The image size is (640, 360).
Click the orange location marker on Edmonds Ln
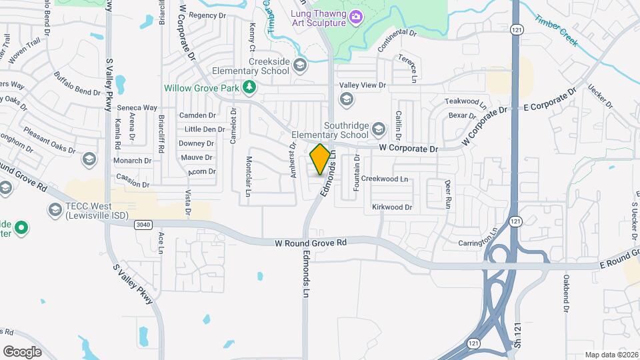pos(320,159)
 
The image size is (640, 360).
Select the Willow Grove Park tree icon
pos(249,87)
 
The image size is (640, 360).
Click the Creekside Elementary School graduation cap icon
pos(300,65)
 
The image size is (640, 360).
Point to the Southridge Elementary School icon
pos(378,129)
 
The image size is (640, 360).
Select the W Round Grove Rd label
pos(311,244)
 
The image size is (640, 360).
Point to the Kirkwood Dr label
pos(392,207)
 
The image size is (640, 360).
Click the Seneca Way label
pos(137,107)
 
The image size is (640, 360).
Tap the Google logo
pos(22,351)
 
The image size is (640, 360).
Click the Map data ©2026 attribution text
pos(611,355)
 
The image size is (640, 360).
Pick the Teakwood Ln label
pos(466,103)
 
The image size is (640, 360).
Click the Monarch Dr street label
pos(132,161)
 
